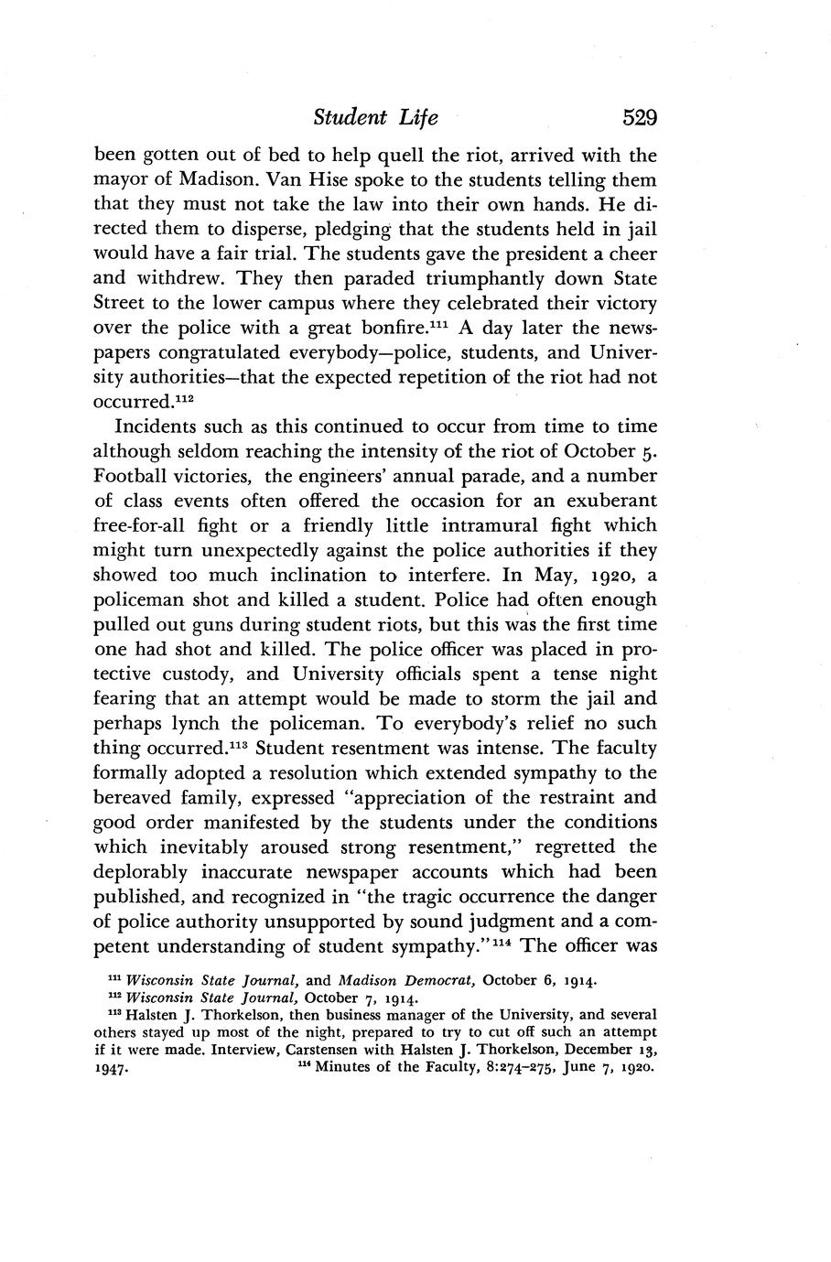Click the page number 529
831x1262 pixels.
[x=627, y=118]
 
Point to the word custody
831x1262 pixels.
[x=210, y=674]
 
